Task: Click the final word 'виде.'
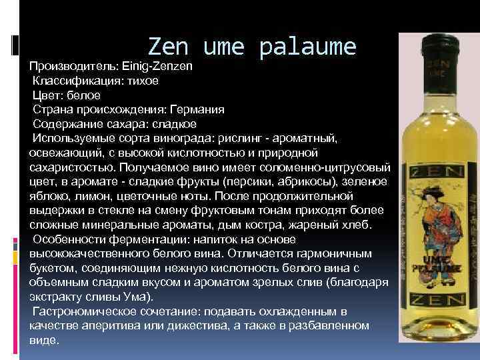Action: click(x=45, y=340)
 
